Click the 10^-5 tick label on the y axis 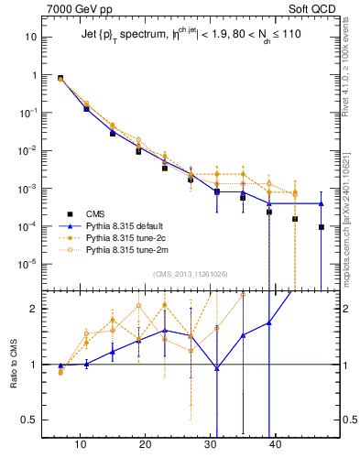(x=27, y=264)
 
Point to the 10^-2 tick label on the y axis (x=27, y=150)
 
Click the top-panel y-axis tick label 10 (x=30, y=38)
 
